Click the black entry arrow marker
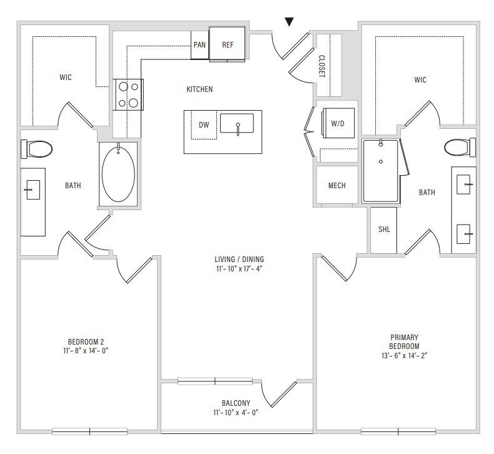(x=290, y=22)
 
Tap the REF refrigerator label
(x=228, y=45)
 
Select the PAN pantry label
(x=199, y=45)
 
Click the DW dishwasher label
(x=204, y=125)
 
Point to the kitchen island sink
(x=237, y=123)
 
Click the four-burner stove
(x=128, y=94)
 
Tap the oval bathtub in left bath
(x=118, y=174)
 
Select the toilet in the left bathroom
(x=36, y=149)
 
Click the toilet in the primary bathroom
(x=460, y=147)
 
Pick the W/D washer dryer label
(x=338, y=123)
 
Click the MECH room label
(x=337, y=186)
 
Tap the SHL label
(x=384, y=229)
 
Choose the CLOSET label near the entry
(x=321, y=66)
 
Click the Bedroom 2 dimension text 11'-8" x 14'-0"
(x=86, y=351)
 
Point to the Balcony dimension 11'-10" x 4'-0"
(x=236, y=412)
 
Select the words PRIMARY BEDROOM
(x=404, y=342)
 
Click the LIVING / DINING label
(x=239, y=260)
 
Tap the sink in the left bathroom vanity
(x=33, y=189)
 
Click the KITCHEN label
(x=199, y=89)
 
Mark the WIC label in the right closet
(x=420, y=79)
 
